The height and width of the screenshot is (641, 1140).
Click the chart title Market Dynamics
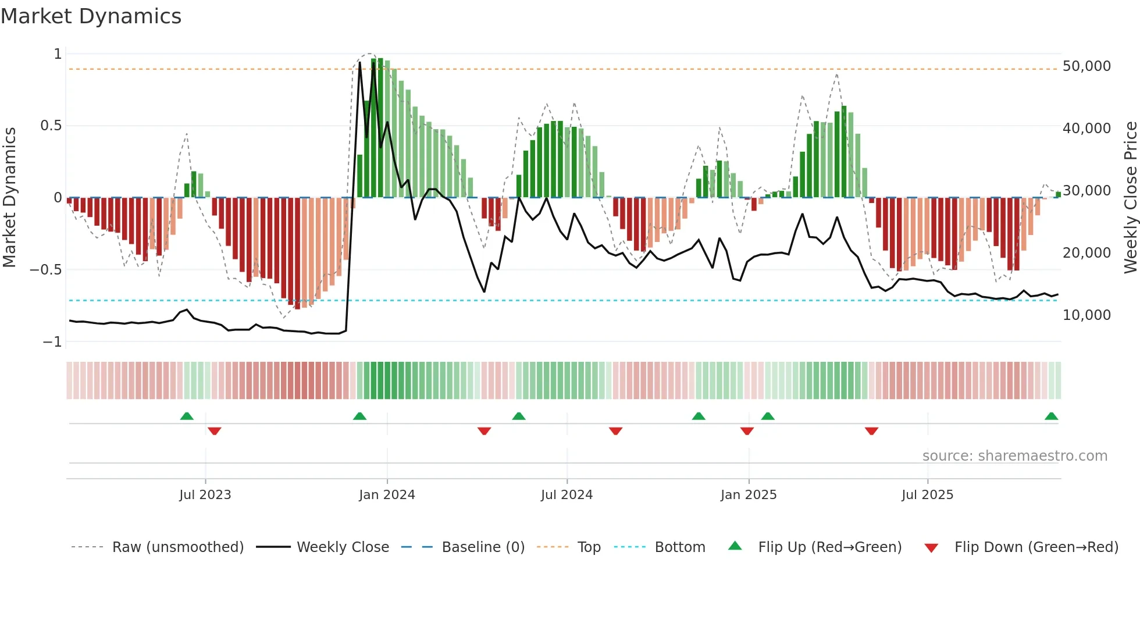tap(91, 16)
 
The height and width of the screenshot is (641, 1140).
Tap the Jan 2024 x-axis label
tap(387, 495)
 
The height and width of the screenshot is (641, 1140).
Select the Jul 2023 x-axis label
tap(205, 495)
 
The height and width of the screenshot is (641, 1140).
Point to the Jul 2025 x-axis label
tap(928, 495)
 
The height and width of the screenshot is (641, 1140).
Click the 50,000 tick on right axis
tap(1086, 66)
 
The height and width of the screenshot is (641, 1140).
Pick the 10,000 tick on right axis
tap(1086, 315)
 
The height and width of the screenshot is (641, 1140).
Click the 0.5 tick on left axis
tap(51, 126)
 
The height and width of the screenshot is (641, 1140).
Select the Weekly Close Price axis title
tap(1130, 198)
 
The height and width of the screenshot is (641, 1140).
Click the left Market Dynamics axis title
tap(9, 198)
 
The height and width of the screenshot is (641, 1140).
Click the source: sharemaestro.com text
tap(1014, 456)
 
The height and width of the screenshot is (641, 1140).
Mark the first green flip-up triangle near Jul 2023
tap(187, 416)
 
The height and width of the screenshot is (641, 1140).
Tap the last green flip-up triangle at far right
tap(1051, 416)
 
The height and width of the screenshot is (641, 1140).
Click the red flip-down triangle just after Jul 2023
tap(214, 431)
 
